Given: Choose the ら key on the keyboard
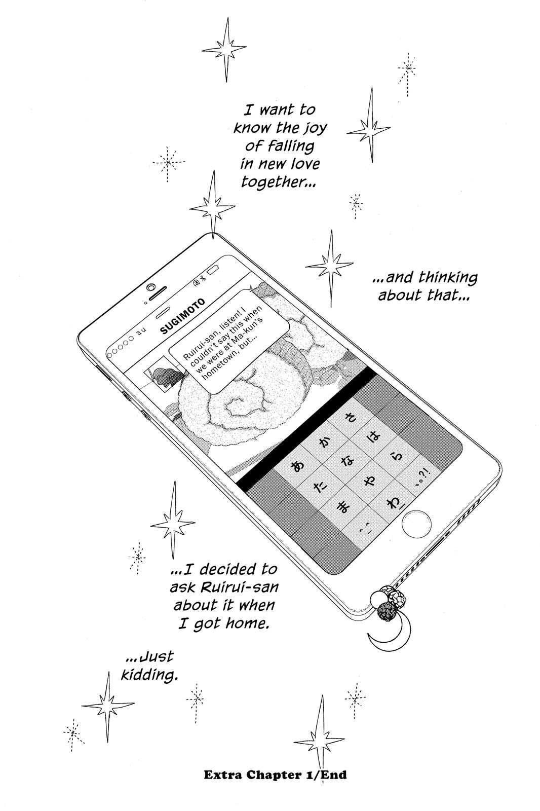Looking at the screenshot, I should tap(398, 457).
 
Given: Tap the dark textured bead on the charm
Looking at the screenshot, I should tap(388, 611).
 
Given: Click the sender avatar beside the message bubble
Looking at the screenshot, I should tap(163, 375).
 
